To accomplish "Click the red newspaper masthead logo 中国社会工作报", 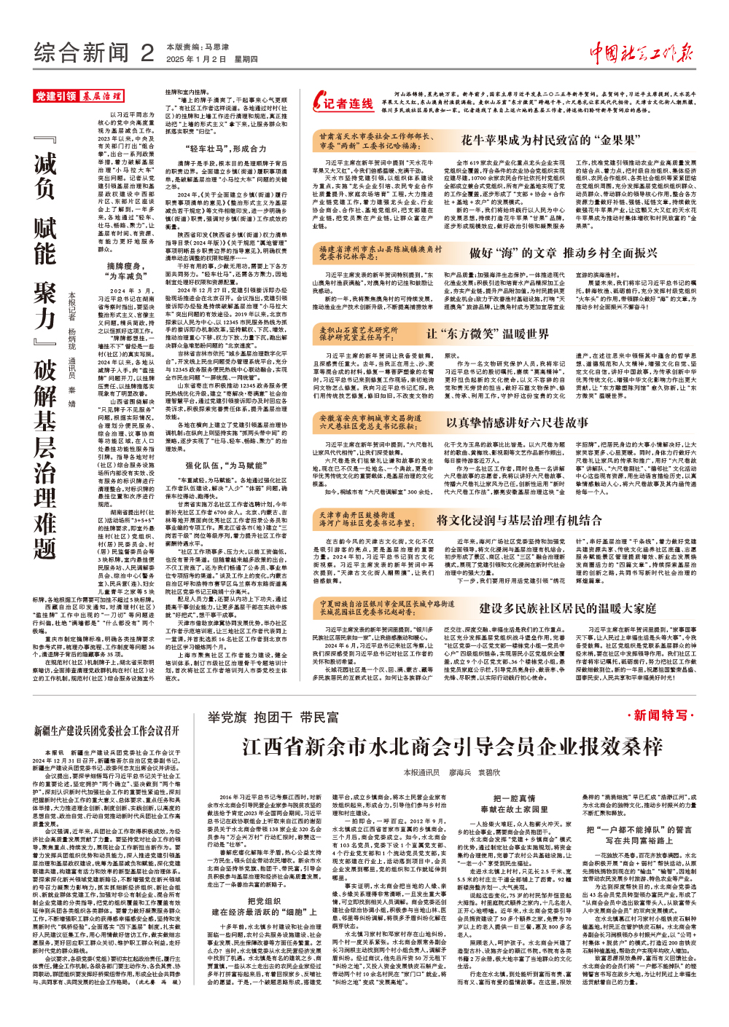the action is point(641,53).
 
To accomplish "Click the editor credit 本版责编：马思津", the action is point(198,47).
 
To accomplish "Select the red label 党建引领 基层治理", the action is point(79,96).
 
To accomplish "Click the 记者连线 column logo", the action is point(343,103).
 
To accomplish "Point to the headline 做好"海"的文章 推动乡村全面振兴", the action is point(563,253).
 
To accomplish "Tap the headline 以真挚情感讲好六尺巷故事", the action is point(517,422).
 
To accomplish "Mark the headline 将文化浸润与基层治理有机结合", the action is point(519,520).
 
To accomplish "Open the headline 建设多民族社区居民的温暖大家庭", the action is point(567,607).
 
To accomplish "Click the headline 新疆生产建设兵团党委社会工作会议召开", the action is point(106,731).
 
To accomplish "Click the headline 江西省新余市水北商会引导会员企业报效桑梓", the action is point(452,747).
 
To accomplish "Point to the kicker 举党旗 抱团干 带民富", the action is point(273,717).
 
